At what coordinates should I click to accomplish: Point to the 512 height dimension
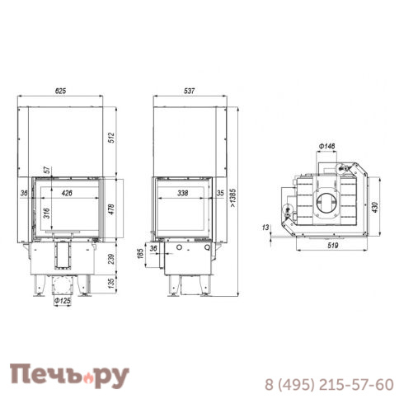(x=109, y=136)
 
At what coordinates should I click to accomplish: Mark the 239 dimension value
(x=109, y=259)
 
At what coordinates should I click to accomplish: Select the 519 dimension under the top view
(x=327, y=245)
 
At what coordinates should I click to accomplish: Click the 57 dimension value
(x=47, y=169)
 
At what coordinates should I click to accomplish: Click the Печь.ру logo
(x=70, y=376)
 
